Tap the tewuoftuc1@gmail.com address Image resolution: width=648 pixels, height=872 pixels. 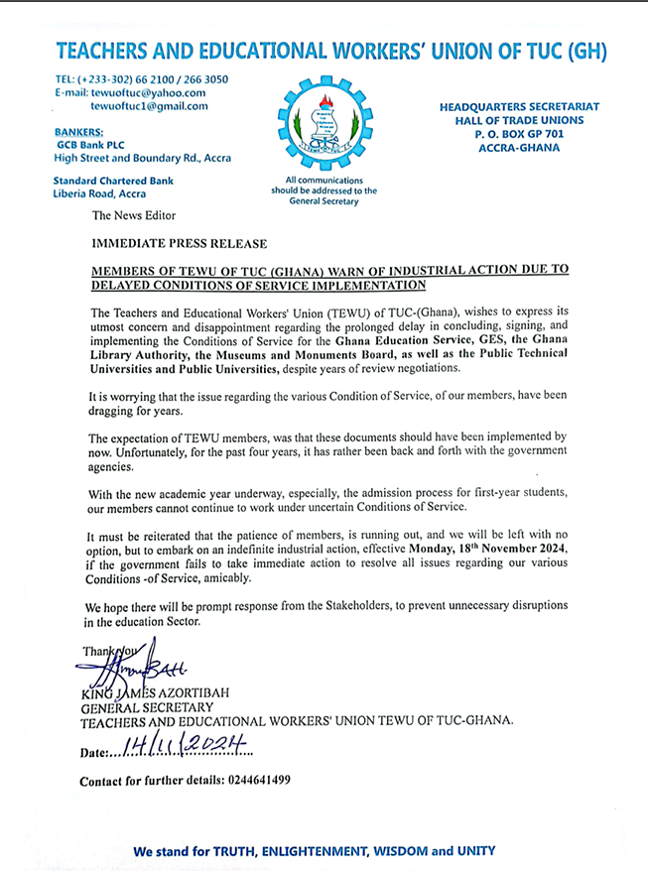[149, 106]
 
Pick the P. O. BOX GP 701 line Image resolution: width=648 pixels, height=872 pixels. [514, 134]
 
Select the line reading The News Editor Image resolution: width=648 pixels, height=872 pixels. [133, 215]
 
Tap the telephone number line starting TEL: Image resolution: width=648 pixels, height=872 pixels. [141, 78]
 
